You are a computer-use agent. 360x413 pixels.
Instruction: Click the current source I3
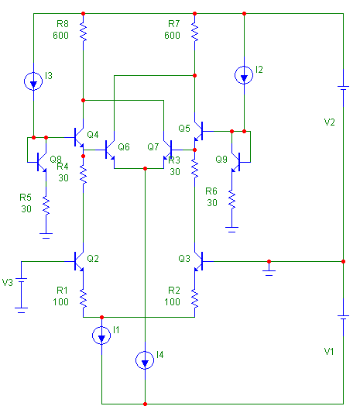point(33,81)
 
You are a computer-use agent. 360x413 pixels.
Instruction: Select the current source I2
point(244,75)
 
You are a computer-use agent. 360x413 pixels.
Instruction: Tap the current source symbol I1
point(101,336)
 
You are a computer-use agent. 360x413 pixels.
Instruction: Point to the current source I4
point(145,360)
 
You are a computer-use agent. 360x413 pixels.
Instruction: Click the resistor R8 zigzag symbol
point(83,32)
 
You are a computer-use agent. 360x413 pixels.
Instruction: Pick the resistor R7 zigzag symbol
point(195,32)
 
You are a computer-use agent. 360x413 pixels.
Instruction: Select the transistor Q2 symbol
point(78,261)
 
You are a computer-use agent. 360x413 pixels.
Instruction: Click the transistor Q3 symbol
point(200,261)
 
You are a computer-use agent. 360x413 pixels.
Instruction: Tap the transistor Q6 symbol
point(109,150)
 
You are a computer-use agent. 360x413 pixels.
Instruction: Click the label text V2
point(329,122)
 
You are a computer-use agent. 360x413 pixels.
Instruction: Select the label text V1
point(329,351)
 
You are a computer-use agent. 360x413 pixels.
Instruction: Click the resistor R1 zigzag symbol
point(83,298)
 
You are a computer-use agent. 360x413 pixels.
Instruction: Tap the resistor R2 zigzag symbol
point(195,298)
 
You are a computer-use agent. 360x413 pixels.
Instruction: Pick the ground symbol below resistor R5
point(46,236)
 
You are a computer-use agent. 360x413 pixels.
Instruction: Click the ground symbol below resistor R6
point(231,229)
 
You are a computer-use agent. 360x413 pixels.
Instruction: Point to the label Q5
point(184,129)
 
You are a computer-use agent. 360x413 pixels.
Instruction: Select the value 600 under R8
point(60,36)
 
